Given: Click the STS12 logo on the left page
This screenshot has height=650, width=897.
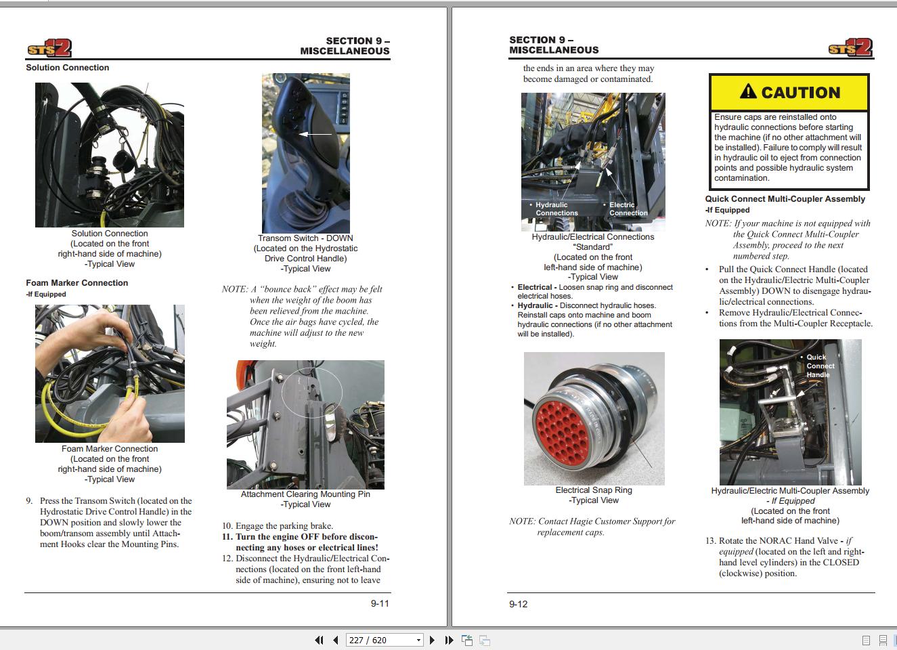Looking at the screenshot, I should (x=49, y=49).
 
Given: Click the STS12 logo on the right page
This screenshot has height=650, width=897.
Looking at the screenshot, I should (x=850, y=47).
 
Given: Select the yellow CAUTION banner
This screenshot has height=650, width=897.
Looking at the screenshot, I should (x=789, y=93).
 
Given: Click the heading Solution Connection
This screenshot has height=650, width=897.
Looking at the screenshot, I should (x=67, y=68).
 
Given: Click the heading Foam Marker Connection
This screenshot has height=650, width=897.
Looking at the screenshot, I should (x=76, y=283).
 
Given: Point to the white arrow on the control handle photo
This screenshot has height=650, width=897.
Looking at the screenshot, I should (x=315, y=134).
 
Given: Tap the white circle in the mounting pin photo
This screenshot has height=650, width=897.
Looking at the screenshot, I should (x=312, y=392).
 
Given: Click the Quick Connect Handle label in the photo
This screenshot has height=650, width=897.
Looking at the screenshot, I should (x=820, y=366).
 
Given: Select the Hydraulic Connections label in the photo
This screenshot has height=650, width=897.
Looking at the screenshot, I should (x=556, y=209).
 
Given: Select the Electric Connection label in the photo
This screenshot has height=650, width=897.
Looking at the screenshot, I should (x=628, y=209).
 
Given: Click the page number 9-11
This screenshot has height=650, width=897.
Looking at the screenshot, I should (x=380, y=603).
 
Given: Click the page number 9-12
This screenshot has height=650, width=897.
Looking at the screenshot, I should (x=518, y=604).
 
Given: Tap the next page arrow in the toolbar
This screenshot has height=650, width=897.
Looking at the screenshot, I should (x=432, y=640).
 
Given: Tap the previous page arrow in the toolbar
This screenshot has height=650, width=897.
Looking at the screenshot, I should (x=335, y=640).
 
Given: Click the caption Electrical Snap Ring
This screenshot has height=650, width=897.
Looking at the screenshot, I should (x=594, y=490).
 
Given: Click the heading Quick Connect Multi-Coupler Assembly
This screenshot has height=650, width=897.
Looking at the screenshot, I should (x=785, y=199).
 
